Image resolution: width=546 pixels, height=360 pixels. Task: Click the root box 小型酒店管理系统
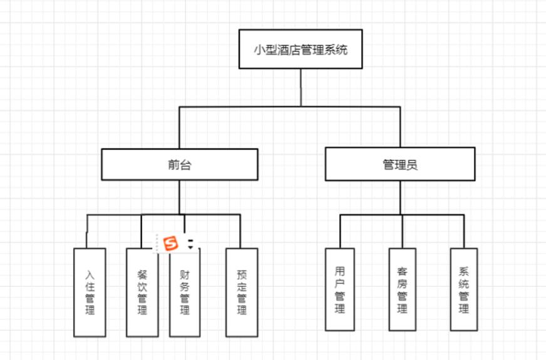(301, 49)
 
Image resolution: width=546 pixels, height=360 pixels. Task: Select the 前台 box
(180, 165)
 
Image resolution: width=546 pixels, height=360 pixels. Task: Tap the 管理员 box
(399, 164)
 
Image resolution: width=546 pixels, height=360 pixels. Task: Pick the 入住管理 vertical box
(90, 292)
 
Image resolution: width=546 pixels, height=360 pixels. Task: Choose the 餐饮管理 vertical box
(142, 292)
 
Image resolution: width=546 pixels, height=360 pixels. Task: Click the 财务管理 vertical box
(185, 292)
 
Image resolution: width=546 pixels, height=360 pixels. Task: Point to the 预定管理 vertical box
(242, 292)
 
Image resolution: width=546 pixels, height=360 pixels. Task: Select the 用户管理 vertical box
(340, 289)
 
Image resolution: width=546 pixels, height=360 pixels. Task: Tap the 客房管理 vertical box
(402, 289)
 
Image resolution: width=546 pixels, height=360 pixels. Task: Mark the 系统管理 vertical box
(463, 289)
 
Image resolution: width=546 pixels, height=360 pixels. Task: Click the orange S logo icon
(171, 243)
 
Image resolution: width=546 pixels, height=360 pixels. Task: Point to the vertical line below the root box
(301, 88)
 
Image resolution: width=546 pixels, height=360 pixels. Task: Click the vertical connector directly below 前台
(180, 197)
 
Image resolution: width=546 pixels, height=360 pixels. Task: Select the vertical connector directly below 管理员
(401, 198)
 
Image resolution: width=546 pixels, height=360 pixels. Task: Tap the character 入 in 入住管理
(90, 274)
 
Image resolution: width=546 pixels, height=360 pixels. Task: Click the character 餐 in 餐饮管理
(142, 274)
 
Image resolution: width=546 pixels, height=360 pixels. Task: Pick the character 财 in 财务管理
(185, 274)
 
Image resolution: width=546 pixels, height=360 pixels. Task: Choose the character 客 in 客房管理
(402, 272)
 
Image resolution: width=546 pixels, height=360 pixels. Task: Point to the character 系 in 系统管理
(463, 272)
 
